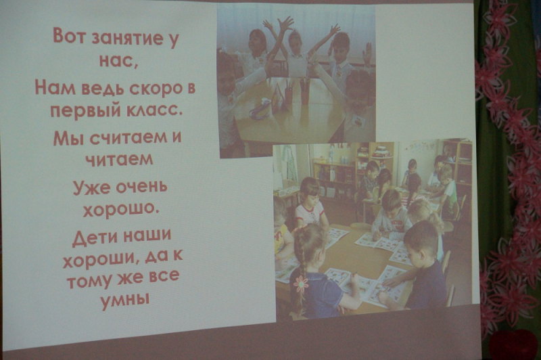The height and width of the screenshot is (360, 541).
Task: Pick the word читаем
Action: [119, 160]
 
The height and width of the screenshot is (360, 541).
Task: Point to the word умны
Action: [124, 300]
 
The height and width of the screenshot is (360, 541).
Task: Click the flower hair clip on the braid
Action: [301, 284]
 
